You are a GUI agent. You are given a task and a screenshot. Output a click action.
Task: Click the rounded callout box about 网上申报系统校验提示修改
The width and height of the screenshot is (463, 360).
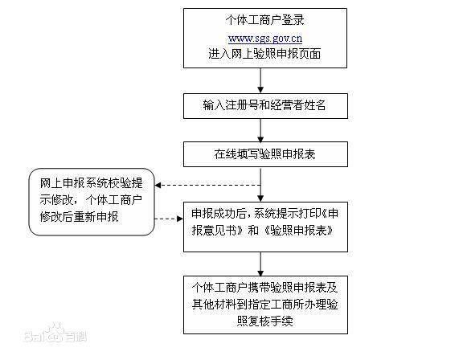tap(91, 201)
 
